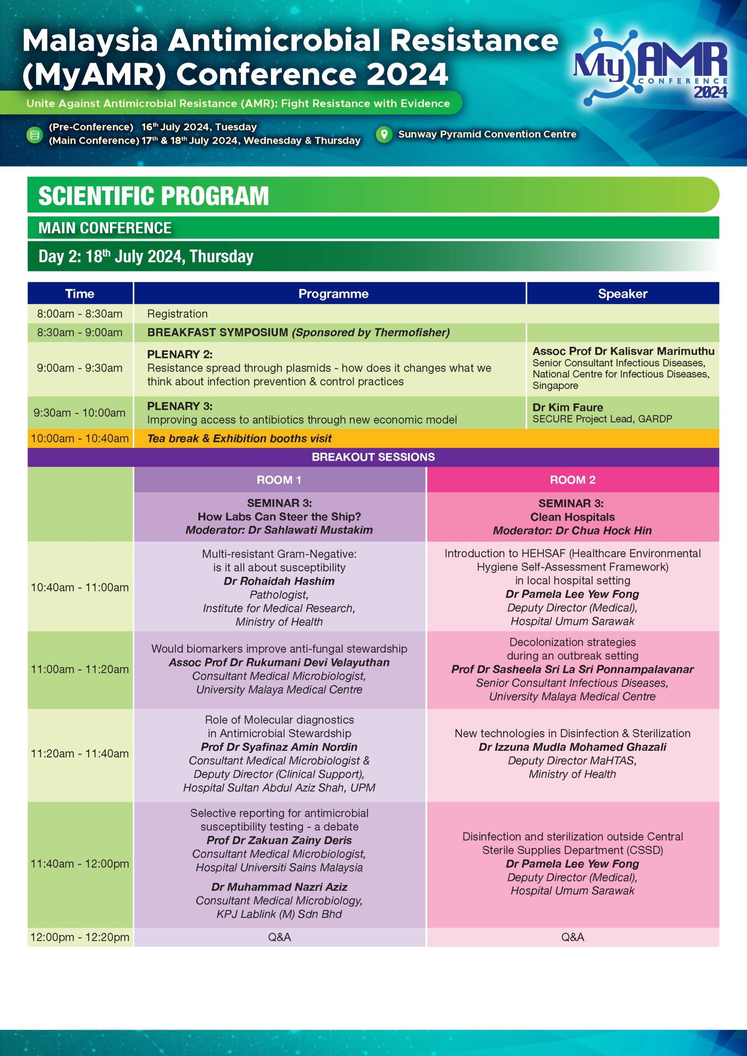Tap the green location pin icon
[384, 134]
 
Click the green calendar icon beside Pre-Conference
[34, 135]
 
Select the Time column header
[80, 293]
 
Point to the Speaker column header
[622, 293]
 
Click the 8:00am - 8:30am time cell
[80, 313]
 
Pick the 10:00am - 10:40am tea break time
[80, 438]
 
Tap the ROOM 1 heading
[279, 480]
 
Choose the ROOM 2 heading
[572, 480]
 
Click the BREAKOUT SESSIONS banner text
[373, 457]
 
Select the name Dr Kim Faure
[568, 407]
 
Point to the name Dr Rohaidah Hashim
[279, 581]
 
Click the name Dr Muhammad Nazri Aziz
[279, 887]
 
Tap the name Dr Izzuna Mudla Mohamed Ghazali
[572, 747]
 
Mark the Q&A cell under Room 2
[572, 937]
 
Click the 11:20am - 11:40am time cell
[80, 753]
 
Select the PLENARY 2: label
[179, 354]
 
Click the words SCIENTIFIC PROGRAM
[153, 196]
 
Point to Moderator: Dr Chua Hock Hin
[572, 530]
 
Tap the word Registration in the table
[177, 313]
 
